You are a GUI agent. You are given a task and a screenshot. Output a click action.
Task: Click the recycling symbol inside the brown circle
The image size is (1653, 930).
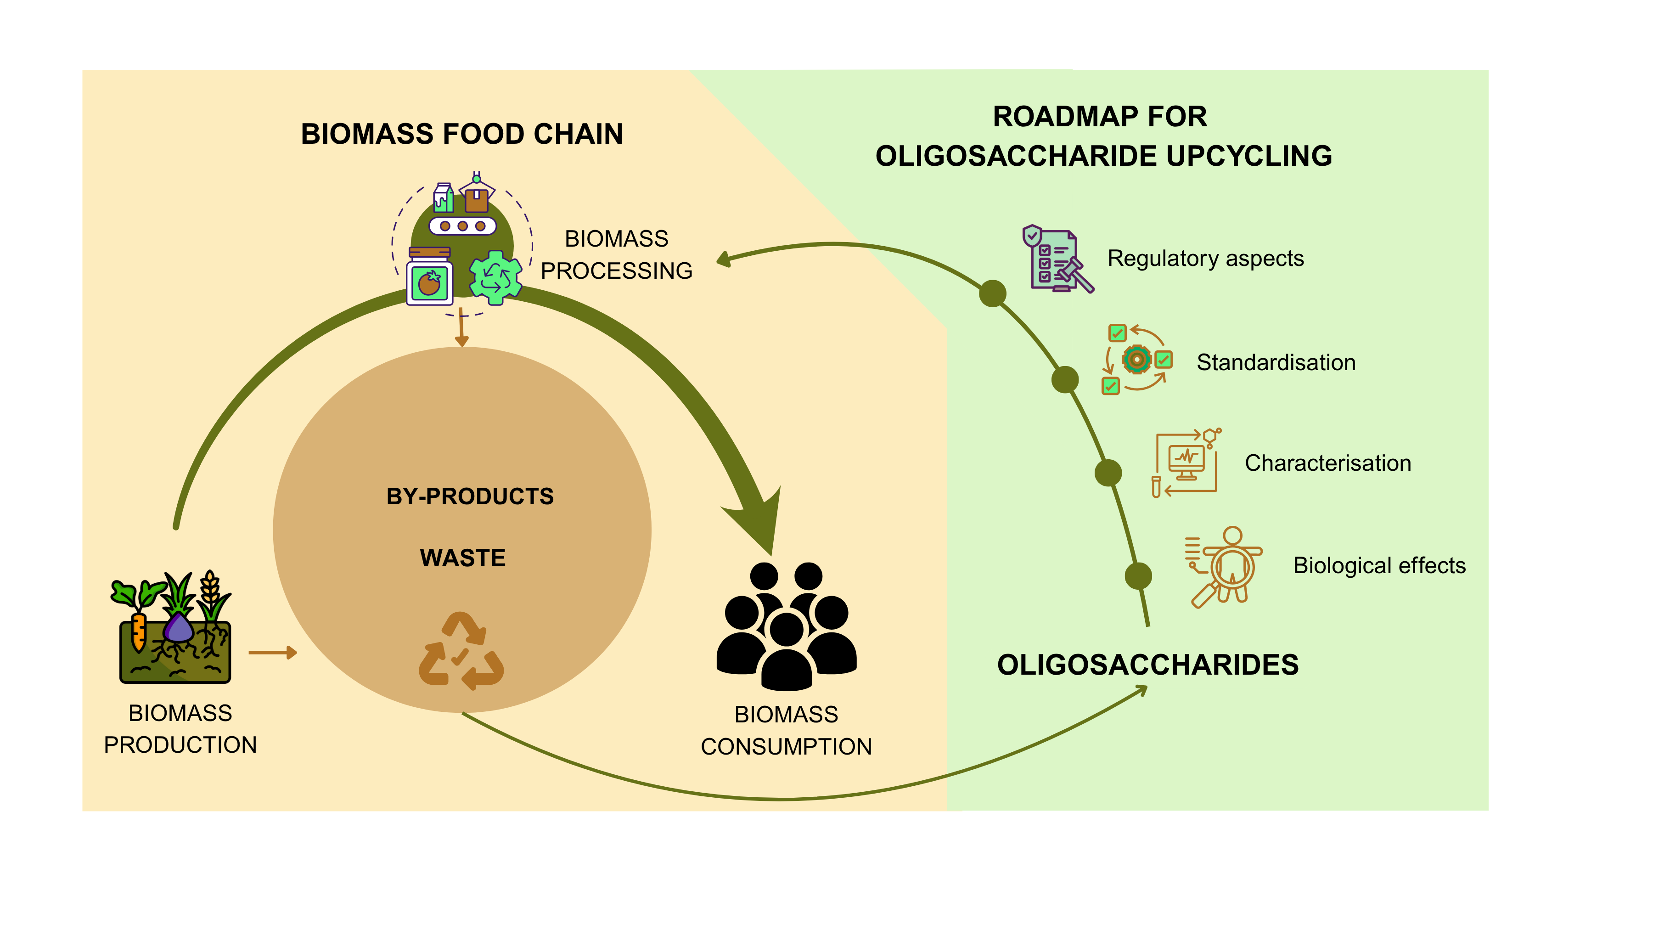(x=461, y=651)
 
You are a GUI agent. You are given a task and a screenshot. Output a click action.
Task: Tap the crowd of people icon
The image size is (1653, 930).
(x=786, y=626)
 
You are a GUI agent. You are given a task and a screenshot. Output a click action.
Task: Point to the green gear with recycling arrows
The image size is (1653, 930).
(x=495, y=277)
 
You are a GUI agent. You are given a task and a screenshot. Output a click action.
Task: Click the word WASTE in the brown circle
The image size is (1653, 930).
(x=463, y=558)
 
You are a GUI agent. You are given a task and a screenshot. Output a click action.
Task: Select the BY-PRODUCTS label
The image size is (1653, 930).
(x=470, y=496)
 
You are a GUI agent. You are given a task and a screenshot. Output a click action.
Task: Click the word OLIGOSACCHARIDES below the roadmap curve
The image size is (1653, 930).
(x=1147, y=665)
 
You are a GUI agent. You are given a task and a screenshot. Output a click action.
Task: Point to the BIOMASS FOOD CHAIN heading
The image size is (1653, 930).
(x=462, y=134)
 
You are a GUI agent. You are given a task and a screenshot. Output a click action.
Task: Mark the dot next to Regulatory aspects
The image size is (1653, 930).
(x=992, y=293)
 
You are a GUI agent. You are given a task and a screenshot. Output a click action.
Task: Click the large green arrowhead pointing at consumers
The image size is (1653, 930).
(x=760, y=520)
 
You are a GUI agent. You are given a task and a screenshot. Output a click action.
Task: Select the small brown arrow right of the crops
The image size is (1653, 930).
(x=273, y=653)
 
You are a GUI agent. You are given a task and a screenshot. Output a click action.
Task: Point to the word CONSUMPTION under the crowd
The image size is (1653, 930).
(x=786, y=746)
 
